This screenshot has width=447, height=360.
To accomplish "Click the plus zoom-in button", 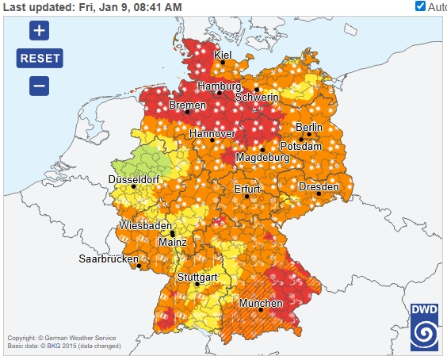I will tap(40, 31).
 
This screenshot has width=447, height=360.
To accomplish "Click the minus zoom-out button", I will tap(40, 86).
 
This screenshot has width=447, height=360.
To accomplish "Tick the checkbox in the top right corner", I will tap(420, 6).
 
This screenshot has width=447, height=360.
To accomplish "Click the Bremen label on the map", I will tap(188, 105).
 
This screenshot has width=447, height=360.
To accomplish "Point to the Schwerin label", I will tap(257, 97).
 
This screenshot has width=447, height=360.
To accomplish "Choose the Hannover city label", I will tap(212, 134).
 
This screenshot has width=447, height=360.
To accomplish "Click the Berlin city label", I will tap(309, 127).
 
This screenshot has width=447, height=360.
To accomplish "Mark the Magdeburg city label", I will tap(262, 158).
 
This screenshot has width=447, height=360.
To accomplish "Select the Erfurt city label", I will tap(247, 189).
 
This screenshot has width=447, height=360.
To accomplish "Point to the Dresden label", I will tap(319, 186).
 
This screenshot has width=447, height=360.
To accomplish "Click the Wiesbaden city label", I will tap(146, 226).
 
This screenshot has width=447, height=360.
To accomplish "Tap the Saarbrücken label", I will tap(109, 259).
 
